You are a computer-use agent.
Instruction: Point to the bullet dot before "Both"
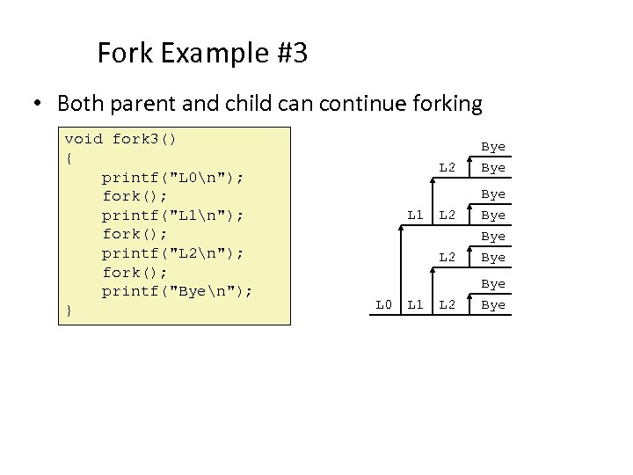click(x=38, y=104)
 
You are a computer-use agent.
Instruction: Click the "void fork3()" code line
click(x=120, y=139)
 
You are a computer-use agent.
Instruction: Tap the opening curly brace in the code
click(x=69, y=158)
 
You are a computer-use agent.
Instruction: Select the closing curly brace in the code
click(x=69, y=310)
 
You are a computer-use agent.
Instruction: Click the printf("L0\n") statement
click(x=172, y=177)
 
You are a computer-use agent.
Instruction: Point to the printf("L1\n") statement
click(x=172, y=215)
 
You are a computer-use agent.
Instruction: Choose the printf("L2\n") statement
click(x=172, y=253)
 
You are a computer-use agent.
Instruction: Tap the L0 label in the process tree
click(x=382, y=304)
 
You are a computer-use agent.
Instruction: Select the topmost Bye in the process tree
click(x=493, y=147)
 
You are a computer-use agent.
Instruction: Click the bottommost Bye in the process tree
click(x=493, y=304)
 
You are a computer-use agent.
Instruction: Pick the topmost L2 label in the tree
click(x=447, y=167)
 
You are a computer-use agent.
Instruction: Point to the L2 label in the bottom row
click(x=447, y=304)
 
